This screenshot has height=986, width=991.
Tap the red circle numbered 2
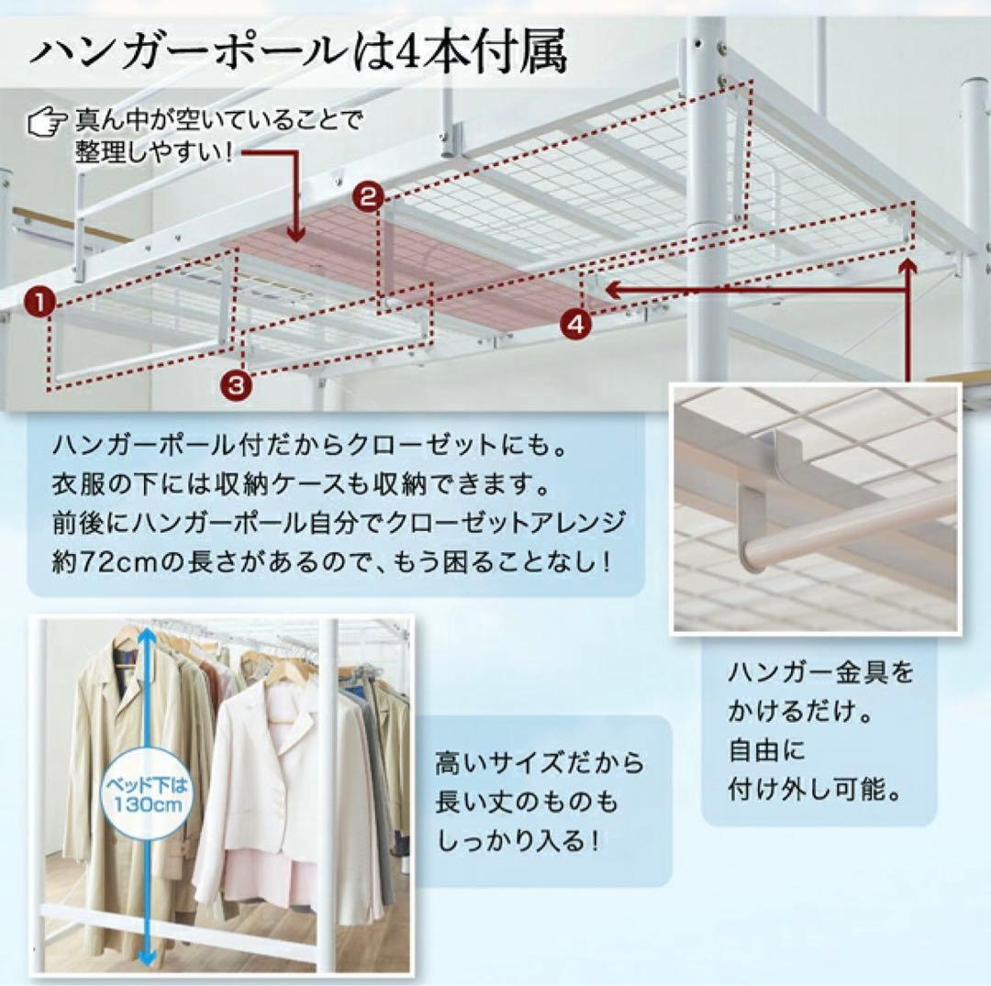(369, 198)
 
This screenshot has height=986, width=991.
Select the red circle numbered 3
(236, 384)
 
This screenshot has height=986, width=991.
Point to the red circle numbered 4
(575, 326)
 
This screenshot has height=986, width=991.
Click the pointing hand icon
(48, 121)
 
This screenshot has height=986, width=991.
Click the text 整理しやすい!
(154, 152)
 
